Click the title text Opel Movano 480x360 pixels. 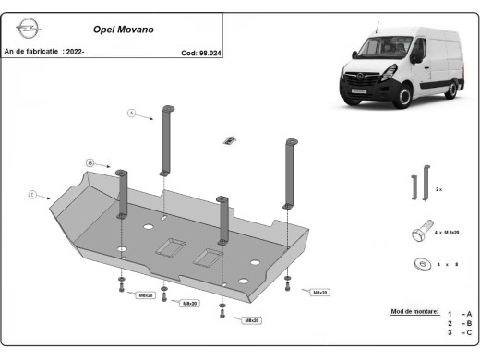[124, 30]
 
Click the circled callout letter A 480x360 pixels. [131, 114]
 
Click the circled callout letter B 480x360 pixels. [90, 163]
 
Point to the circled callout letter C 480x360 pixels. [31, 195]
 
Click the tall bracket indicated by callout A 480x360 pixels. [167, 139]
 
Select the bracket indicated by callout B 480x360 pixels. [121, 193]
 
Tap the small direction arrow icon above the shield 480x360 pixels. [227, 140]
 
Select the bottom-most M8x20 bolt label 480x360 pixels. [248, 320]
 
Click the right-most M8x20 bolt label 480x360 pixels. [320, 293]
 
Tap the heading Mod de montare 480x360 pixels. [414, 312]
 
